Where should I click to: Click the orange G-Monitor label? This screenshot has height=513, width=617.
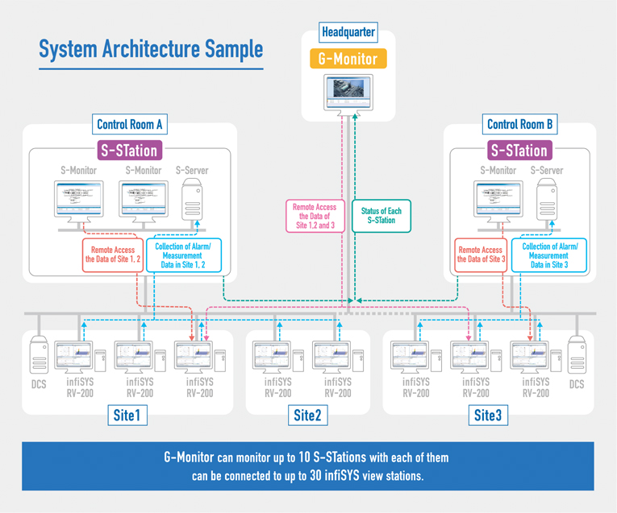[x=348, y=58]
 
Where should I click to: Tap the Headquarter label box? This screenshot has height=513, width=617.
[x=348, y=33]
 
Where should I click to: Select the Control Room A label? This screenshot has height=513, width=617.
[x=130, y=124]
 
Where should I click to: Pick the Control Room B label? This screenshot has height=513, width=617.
[x=520, y=124]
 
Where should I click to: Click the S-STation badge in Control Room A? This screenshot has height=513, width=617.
[x=129, y=150]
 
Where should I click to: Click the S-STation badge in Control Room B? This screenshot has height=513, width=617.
[x=519, y=150]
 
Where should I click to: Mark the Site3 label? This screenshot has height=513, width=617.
[x=486, y=416]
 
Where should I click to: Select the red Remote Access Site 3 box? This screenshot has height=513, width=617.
[x=481, y=254]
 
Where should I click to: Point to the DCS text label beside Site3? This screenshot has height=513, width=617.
[x=576, y=385]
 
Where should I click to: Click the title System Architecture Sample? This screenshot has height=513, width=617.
[x=151, y=49]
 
